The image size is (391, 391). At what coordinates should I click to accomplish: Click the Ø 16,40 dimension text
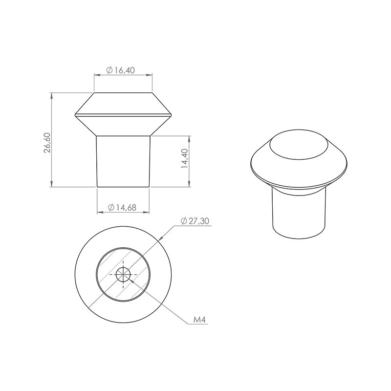120,70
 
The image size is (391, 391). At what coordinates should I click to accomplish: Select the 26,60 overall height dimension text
47,143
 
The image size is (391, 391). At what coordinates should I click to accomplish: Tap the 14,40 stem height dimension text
185,158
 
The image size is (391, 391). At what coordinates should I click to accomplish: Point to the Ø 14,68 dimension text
122,207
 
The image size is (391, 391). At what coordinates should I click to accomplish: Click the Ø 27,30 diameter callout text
195,221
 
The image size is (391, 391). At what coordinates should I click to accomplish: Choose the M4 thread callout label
199,320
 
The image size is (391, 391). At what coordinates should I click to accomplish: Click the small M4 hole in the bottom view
123,274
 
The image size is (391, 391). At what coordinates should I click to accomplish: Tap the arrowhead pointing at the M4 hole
132,283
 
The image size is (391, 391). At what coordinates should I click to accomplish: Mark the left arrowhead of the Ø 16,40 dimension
97,74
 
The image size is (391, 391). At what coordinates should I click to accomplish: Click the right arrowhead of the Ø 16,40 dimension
149,74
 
